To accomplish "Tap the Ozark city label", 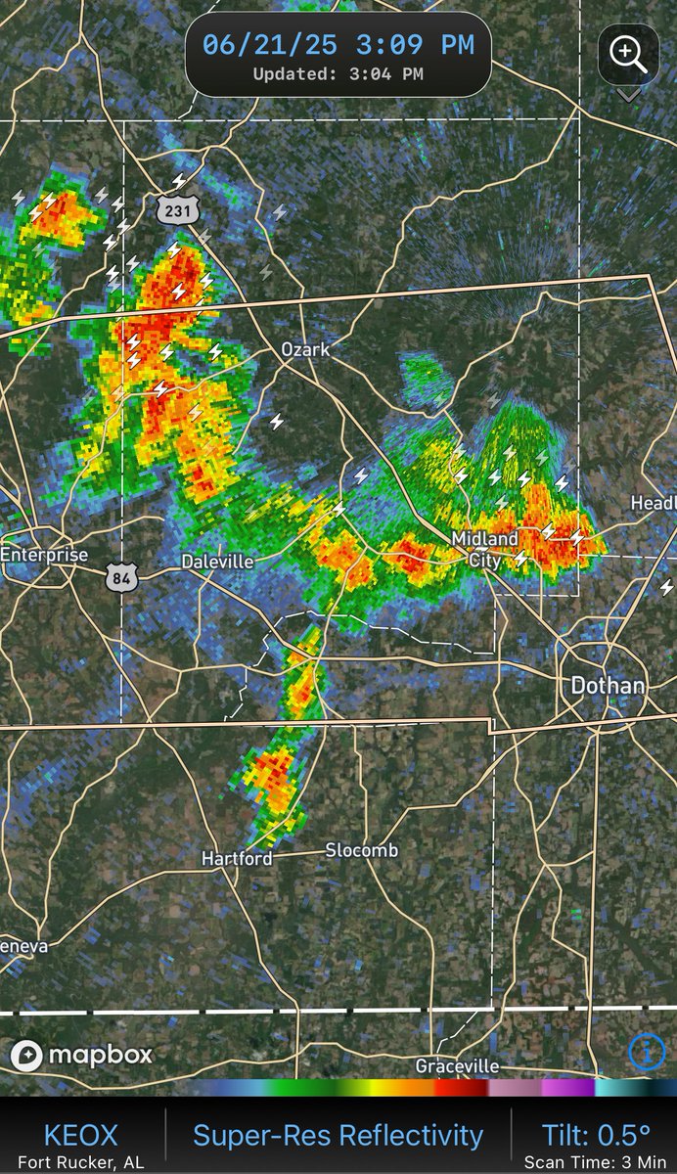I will [x=306, y=349].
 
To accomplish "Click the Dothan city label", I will [x=608, y=685].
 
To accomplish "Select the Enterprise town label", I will [x=44, y=555].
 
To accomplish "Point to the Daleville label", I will [x=217, y=562].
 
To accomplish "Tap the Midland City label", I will [x=485, y=549].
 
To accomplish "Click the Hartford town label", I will [x=236, y=858].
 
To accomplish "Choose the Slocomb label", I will [x=361, y=850].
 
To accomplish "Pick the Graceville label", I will [x=457, y=1065].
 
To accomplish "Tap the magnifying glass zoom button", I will [x=628, y=54].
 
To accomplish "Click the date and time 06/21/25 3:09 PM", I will [x=338, y=45].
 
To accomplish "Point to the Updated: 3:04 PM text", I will [x=338, y=73].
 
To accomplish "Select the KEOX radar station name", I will [x=80, y=1135].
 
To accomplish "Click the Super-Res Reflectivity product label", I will [x=338, y=1135].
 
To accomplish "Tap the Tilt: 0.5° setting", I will [x=596, y=1134].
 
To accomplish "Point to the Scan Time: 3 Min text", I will [x=596, y=1162].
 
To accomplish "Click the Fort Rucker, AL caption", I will [x=80, y=1162].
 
